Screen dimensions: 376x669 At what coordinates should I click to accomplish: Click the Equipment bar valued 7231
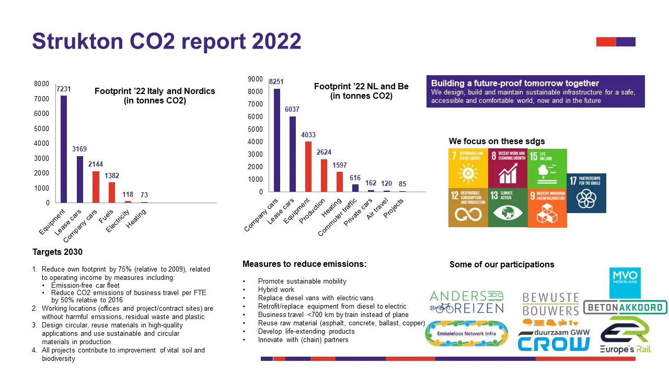point(64,149)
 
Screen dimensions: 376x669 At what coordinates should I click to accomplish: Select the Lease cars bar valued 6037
point(293,154)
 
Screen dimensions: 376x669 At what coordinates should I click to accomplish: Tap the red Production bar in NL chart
point(324,175)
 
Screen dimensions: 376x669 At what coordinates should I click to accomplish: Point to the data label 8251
point(276,82)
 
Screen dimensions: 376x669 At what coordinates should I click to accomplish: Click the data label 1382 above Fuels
point(111,176)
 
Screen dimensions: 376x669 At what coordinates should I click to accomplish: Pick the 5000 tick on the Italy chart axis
point(42,128)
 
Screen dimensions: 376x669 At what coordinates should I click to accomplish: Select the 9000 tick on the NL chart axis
point(255,79)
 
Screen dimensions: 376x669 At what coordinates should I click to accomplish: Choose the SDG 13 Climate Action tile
point(507,208)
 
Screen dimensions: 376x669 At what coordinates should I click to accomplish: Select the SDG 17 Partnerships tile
point(586,193)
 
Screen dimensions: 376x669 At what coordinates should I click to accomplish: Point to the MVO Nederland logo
point(625,283)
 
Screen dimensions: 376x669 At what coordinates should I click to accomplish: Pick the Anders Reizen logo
point(466,302)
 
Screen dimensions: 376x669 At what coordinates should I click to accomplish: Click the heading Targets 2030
point(57,252)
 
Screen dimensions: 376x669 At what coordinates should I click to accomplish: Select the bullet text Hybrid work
point(276,290)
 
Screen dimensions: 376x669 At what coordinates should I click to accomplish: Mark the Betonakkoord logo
point(625,308)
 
